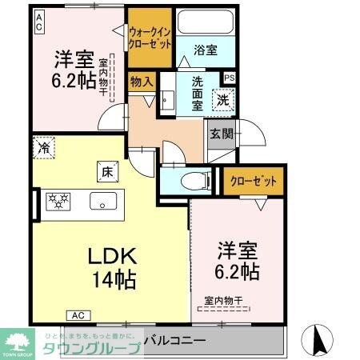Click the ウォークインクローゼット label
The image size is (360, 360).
pos(150,38)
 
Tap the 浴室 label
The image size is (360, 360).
pos(205,50)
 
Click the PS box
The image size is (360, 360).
pos(230,78)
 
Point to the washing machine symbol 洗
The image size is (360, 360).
pos(222,100)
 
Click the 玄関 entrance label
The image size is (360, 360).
pos(222,134)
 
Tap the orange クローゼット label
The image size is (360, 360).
pos(254,181)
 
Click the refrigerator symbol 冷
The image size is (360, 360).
pos(43,147)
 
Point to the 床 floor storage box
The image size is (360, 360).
pos(107,170)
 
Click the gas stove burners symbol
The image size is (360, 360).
pos(56,200)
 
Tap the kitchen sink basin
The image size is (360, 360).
pos(102,200)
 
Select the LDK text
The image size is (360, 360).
pos(113,258)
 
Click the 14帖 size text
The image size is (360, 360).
pos(113,280)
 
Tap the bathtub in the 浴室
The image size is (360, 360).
pos(205,22)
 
